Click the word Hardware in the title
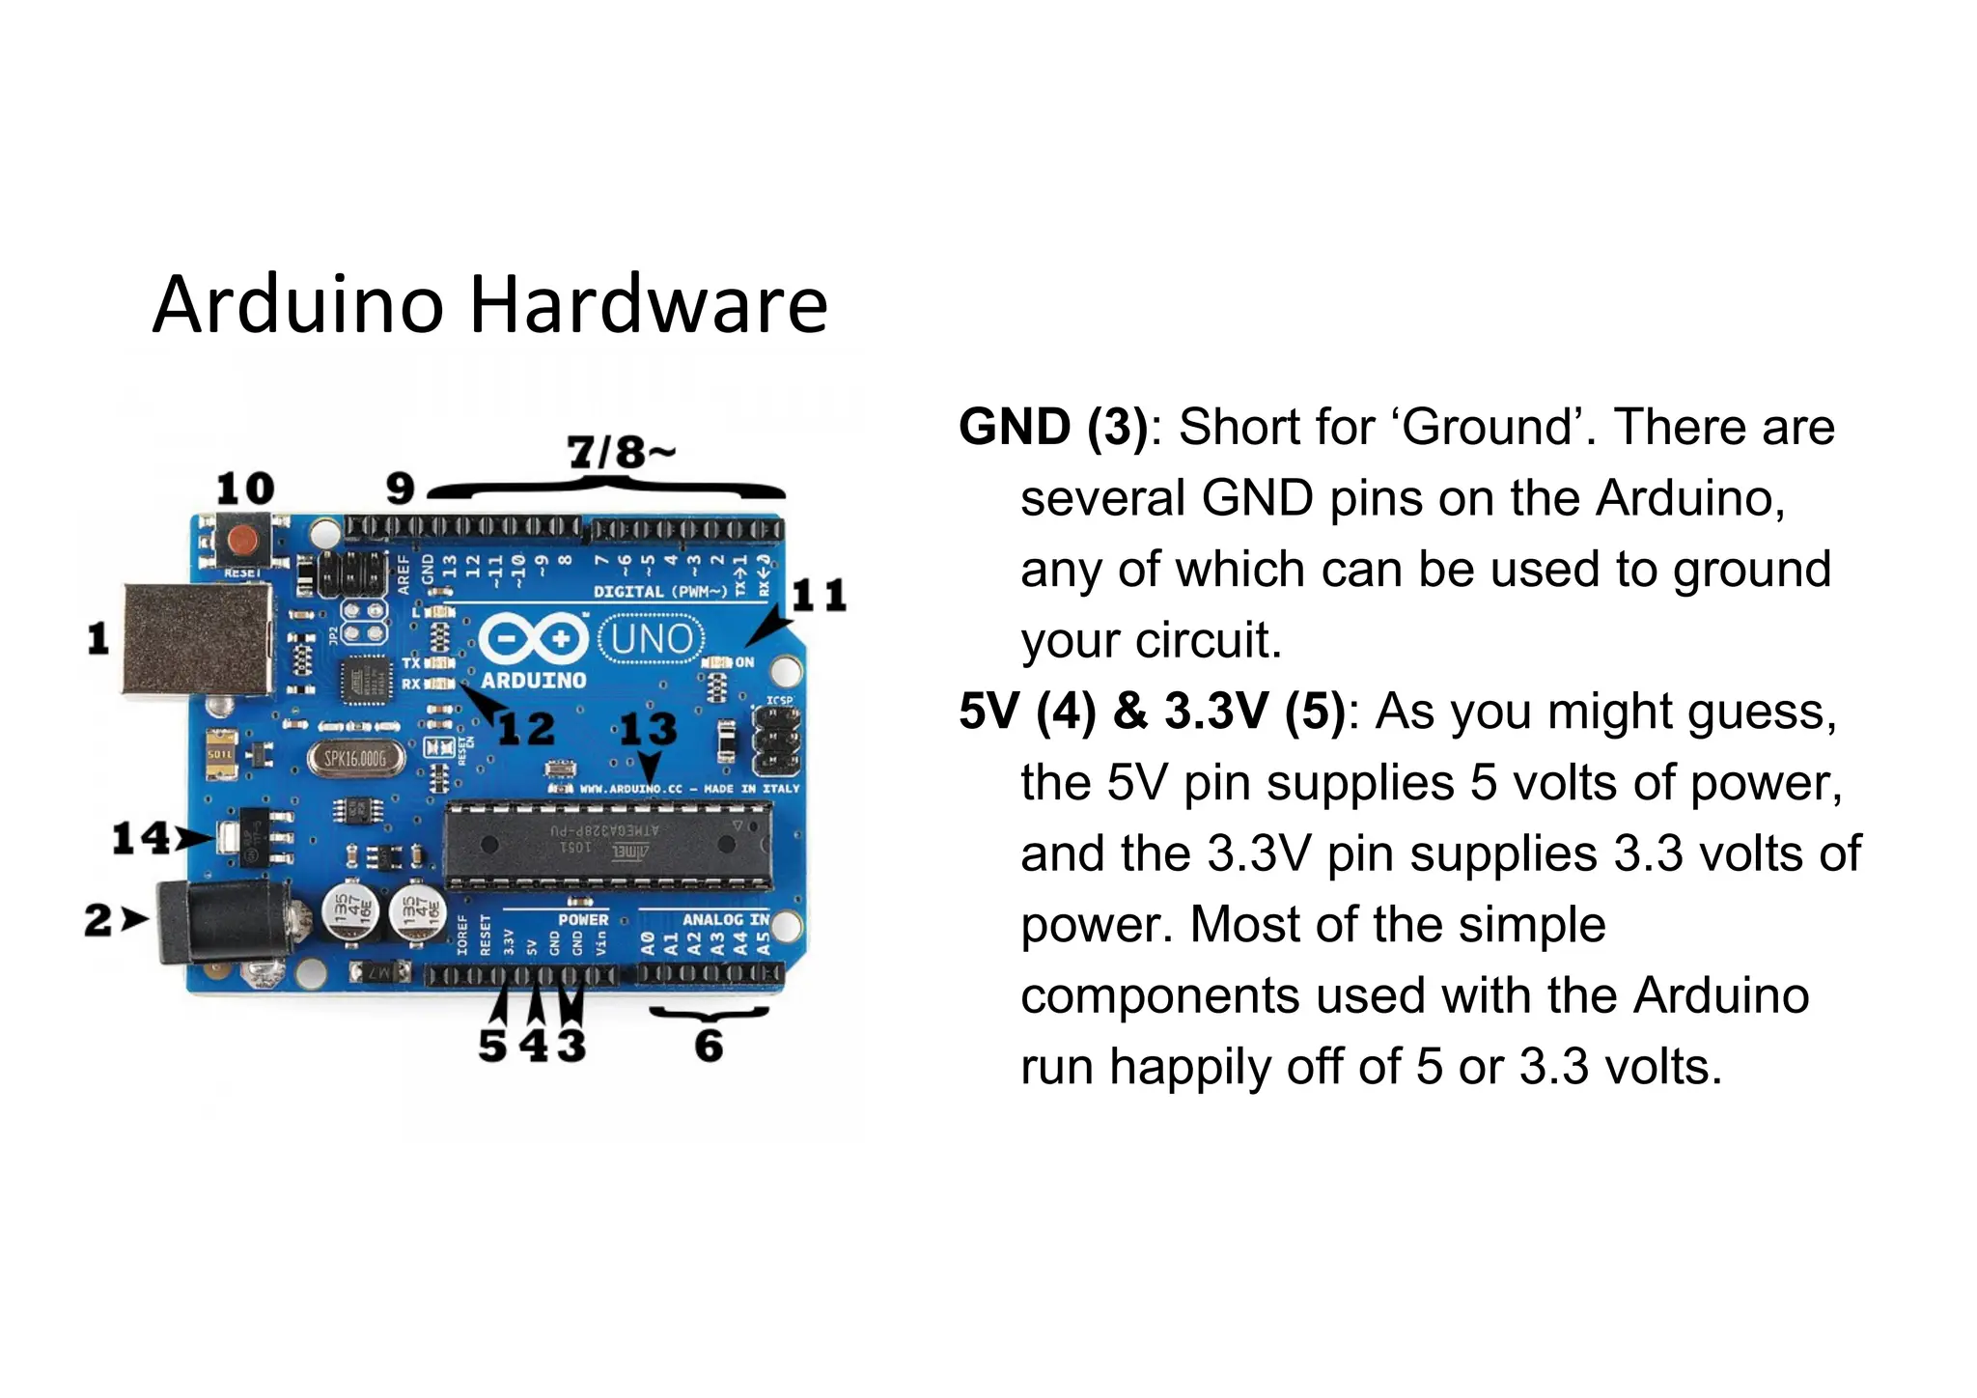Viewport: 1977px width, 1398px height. point(649,305)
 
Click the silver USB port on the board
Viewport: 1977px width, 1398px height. point(197,638)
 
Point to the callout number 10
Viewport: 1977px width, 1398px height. point(245,489)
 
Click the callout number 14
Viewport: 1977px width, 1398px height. point(141,838)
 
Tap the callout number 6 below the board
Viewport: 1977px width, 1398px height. point(709,1046)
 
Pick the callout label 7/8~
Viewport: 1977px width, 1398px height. point(621,452)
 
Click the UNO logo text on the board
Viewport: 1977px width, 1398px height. point(653,638)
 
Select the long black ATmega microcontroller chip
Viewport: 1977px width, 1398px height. point(607,845)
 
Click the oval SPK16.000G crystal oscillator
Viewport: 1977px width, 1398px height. point(354,759)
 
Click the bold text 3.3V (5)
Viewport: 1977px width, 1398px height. point(1255,712)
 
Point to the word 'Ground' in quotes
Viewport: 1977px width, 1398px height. point(1488,427)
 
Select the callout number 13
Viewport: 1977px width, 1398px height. point(648,729)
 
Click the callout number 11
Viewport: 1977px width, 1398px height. point(819,596)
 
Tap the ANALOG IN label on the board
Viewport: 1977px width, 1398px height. point(726,919)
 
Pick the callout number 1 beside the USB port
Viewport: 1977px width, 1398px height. point(98,638)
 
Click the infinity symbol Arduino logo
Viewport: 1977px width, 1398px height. point(533,638)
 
